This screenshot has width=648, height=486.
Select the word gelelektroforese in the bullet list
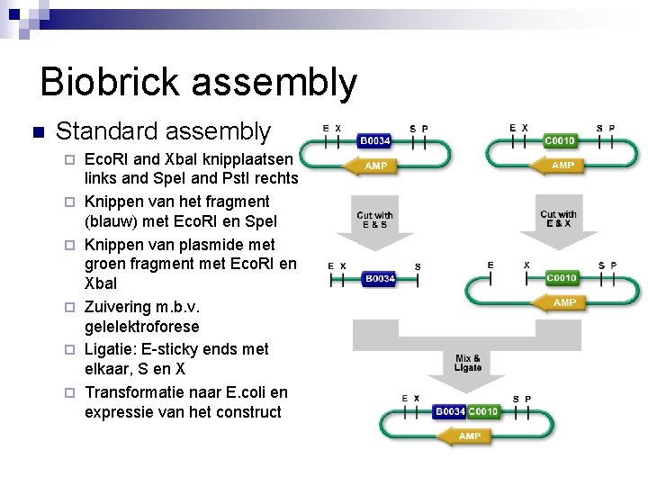[x=141, y=326]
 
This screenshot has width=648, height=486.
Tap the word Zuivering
[x=119, y=305]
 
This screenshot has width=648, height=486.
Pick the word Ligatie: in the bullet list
[x=113, y=348]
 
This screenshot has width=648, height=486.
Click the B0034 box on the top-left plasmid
[x=375, y=141]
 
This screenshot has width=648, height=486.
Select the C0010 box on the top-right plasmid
[x=561, y=141]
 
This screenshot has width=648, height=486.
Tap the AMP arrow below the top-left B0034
[x=375, y=166]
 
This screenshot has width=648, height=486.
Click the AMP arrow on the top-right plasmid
[x=562, y=166]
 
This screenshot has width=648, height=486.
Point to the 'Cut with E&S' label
[x=374, y=219]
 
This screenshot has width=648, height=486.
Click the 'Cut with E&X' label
[x=558, y=219]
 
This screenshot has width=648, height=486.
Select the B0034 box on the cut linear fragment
[x=379, y=279]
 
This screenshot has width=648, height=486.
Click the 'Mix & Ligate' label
[x=468, y=363]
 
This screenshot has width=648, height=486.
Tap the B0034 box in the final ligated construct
[x=449, y=411]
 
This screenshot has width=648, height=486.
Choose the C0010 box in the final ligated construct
[x=483, y=411]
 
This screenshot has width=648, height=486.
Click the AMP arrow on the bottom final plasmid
[x=469, y=436]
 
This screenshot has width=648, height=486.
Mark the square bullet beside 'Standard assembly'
[x=37, y=133]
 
